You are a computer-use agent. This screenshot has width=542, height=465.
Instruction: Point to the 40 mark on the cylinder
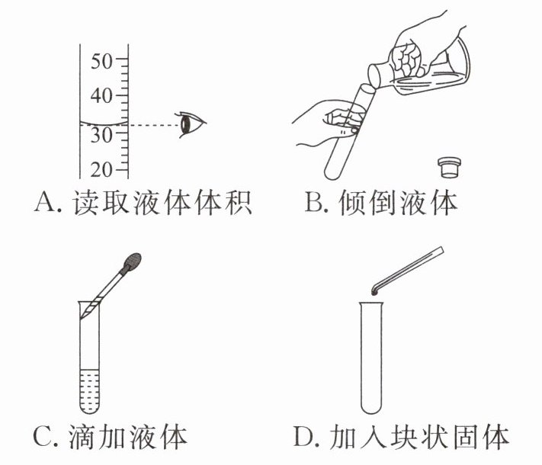(x=101, y=95)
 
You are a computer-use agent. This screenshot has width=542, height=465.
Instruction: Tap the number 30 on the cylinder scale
(x=101, y=135)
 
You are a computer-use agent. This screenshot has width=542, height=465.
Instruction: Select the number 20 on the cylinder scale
(x=101, y=169)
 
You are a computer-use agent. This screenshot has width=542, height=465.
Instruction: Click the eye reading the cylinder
(x=191, y=124)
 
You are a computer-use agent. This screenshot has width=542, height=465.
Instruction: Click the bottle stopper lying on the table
(x=450, y=168)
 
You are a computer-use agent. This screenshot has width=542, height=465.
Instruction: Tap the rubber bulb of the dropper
(x=133, y=261)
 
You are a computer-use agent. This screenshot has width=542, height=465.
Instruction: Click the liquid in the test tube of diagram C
(x=89, y=391)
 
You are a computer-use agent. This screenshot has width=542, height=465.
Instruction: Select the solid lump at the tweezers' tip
(x=375, y=293)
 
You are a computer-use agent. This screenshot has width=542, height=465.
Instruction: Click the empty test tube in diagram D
(x=371, y=358)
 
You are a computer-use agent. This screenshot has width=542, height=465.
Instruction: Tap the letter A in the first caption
(x=46, y=202)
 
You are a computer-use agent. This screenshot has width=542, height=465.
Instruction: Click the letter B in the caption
(x=314, y=202)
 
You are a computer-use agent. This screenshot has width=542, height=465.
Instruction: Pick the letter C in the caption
(x=43, y=437)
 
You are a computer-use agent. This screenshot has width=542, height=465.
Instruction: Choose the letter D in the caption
(x=304, y=437)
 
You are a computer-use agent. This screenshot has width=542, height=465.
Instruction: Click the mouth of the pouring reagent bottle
(x=374, y=77)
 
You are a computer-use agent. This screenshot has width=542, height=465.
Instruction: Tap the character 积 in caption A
(x=238, y=202)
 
